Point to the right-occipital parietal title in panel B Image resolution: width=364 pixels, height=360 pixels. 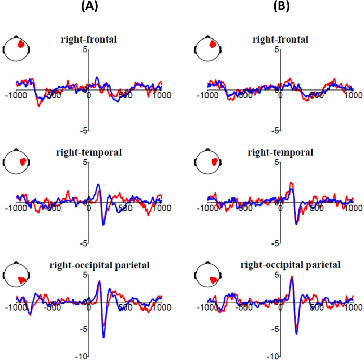click(291, 265)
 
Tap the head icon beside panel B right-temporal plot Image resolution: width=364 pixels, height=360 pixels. click(209, 162)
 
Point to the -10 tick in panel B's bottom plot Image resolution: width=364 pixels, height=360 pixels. click(273, 356)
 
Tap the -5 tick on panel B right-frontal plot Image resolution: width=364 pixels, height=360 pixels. click(277, 130)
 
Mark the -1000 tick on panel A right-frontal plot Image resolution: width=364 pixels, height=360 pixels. click(16, 96)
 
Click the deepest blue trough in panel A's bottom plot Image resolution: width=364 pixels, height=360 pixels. click(104, 337)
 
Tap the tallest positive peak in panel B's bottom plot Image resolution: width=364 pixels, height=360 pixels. click(292, 277)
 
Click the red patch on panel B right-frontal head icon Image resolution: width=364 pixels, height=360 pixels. click(213, 45)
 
